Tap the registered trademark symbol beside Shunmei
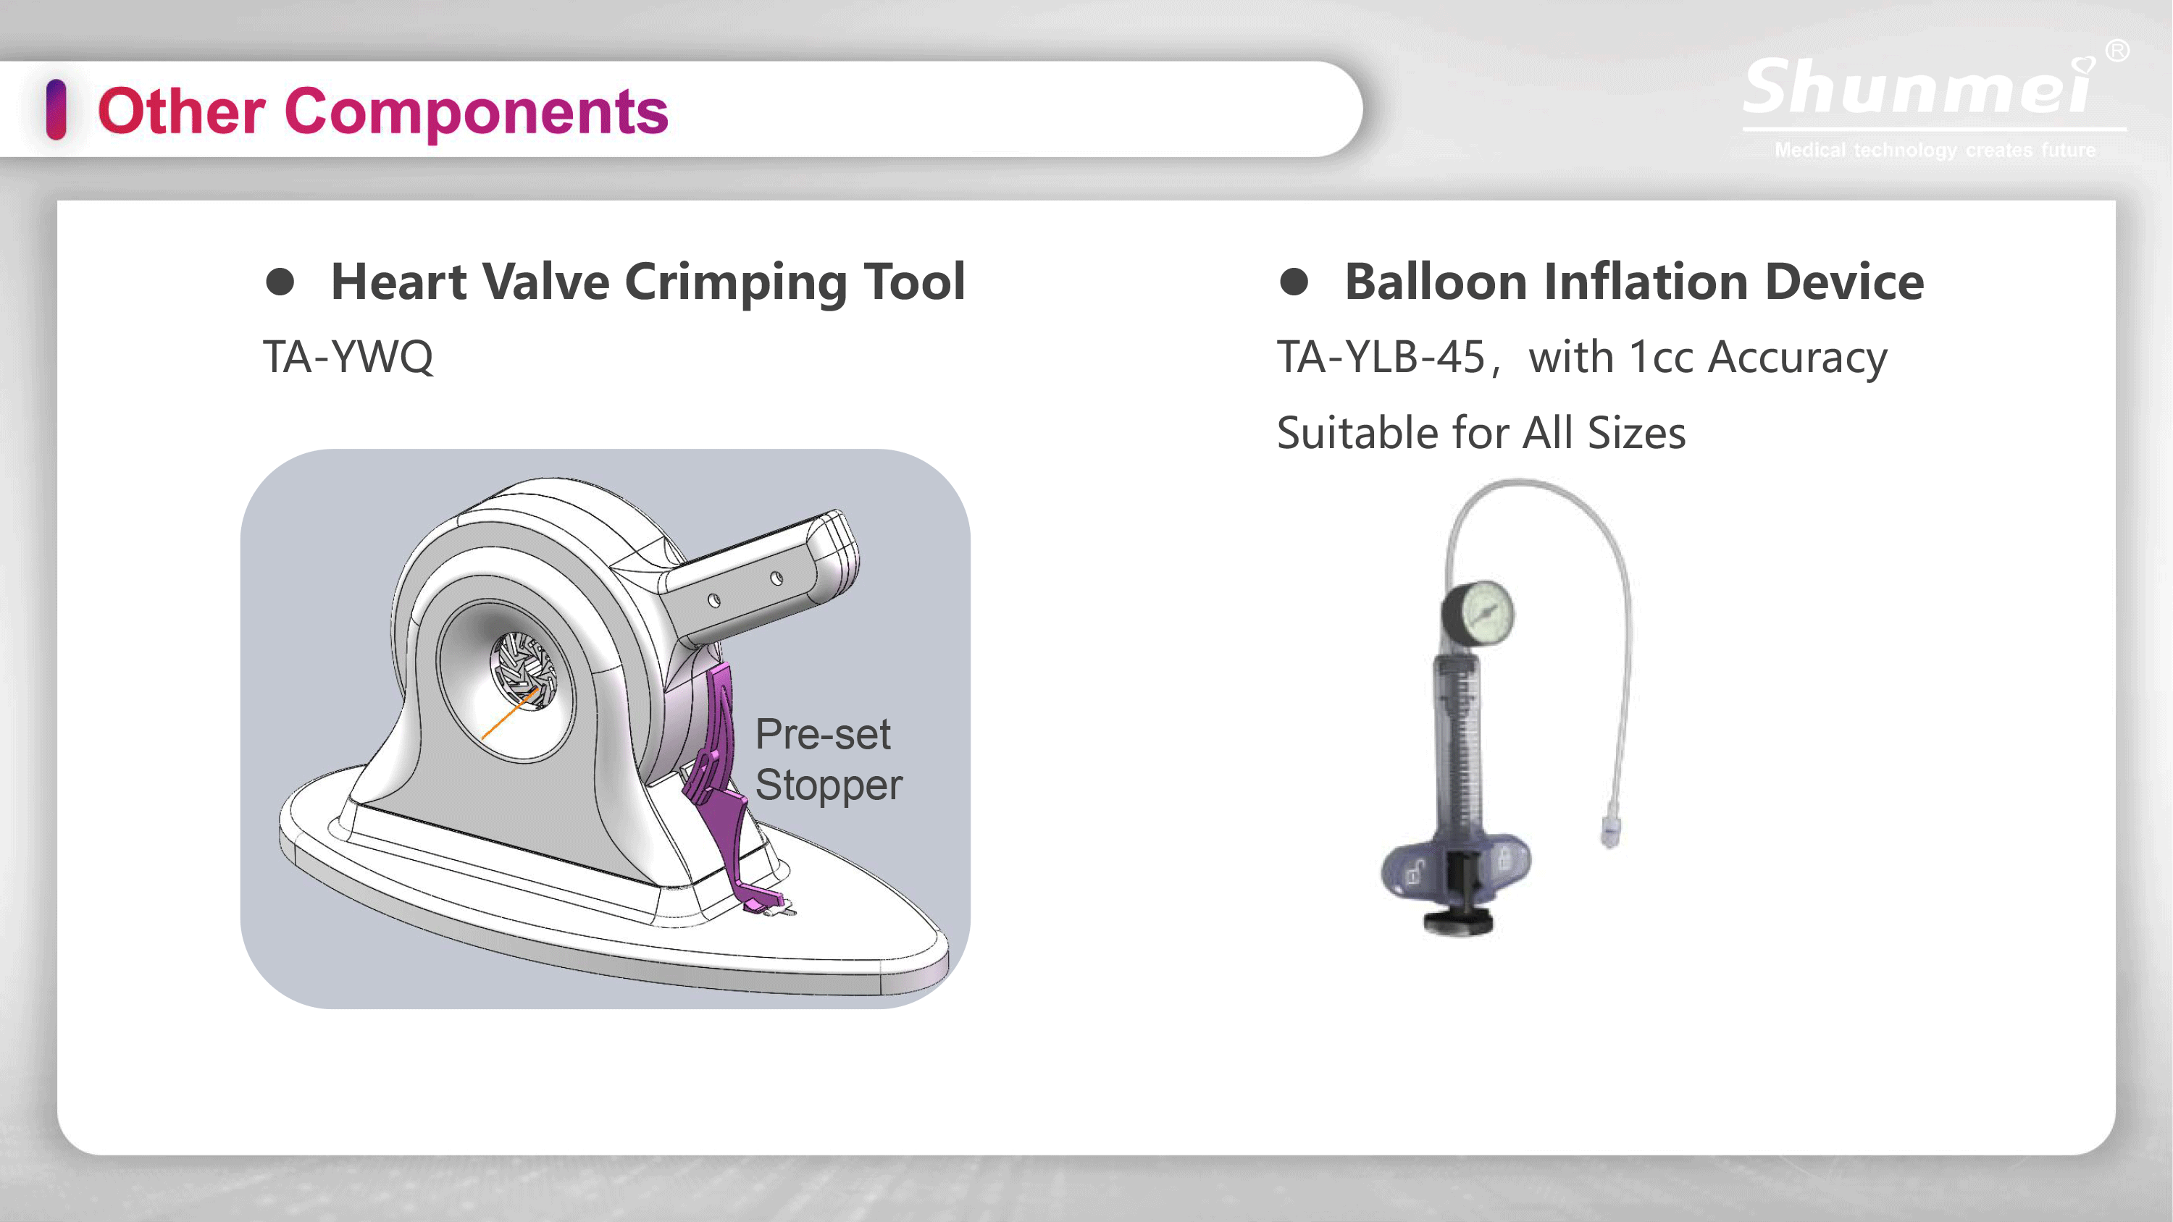click(x=2117, y=51)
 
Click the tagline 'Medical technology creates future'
click(x=1934, y=150)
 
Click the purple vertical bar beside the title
click(x=56, y=109)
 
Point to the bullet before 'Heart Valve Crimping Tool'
click(x=280, y=282)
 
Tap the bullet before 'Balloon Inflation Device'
click(x=1294, y=282)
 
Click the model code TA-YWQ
click(x=348, y=356)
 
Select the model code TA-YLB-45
click(x=1381, y=356)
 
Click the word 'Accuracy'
click(x=1798, y=358)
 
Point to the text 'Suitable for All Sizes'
click(x=1481, y=433)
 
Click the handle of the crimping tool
click(x=759, y=573)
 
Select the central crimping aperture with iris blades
click(x=524, y=671)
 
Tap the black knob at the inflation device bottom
click(x=1459, y=922)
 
